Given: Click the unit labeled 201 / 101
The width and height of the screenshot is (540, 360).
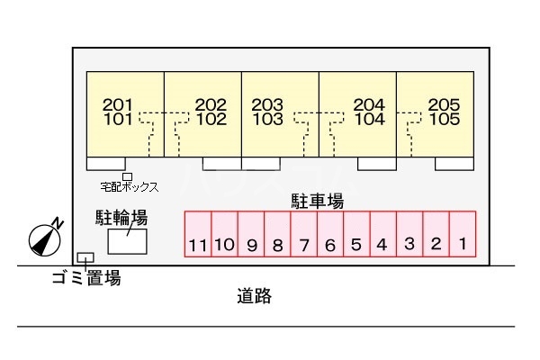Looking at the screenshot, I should point(123,112).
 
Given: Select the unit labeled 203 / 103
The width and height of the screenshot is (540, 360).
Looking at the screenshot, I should point(279,112).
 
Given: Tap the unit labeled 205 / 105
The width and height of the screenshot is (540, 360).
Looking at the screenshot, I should point(436,112).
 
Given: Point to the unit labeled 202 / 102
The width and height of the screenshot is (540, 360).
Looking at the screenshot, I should point(202,112).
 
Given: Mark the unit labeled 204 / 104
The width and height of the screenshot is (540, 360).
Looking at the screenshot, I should point(358,112).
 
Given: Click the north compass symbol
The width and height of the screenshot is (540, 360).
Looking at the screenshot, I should point(44,238).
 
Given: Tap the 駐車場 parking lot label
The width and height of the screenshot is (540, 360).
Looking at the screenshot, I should point(316,201).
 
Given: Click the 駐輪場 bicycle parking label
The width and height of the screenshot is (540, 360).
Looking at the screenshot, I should point(121,218).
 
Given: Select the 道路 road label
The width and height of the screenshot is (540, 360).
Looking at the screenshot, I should point(255,295).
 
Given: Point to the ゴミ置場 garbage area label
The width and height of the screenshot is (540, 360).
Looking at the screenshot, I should point(85,279).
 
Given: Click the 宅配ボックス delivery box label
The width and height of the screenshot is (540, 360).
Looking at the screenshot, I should point(129,187).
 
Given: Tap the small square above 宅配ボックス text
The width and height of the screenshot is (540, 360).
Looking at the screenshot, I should point(127,176).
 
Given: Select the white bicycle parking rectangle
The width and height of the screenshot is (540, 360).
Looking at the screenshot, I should point(128,241).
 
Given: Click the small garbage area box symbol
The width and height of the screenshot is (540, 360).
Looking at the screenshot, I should point(85,258).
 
